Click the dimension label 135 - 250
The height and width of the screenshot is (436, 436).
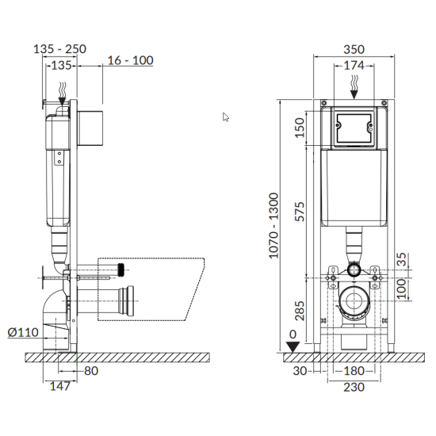(59, 49)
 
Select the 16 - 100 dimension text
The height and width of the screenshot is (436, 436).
(131, 60)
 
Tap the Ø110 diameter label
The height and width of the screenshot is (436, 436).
(23, 332)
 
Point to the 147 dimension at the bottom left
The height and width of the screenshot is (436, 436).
(60, 386)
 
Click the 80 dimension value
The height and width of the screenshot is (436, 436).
(91, 371)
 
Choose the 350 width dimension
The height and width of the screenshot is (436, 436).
(354, 49)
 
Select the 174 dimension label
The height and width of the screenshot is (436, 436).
(354, 66)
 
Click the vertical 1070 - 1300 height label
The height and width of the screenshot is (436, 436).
(274, 225)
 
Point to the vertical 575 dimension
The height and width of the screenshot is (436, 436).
(300, 212)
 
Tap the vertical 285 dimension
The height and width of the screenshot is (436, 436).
(300, 311)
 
